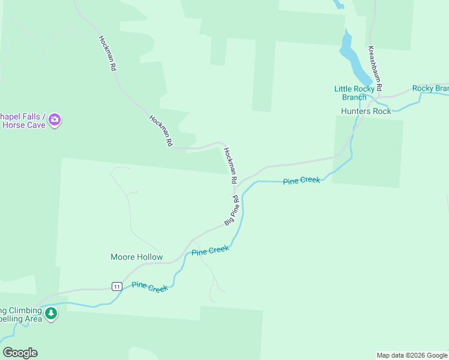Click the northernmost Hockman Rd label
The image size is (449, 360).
pos(107,53)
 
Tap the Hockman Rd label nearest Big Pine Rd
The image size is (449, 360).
pos(231,166)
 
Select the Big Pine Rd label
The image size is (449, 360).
pos(232,211)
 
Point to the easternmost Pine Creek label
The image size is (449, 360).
pos(301,181)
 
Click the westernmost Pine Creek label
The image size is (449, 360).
pos(149,287)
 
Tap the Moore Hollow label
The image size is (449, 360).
pos(136,257)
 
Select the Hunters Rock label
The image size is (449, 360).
pos(366,111)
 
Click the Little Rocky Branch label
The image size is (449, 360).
pos(350,93)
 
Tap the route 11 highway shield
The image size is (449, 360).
pos(117,286)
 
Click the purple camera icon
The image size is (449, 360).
pos(55,120)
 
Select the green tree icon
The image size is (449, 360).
pos(52,314)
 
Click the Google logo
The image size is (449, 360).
pos(20,353)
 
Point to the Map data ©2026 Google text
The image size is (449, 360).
pos(412,355)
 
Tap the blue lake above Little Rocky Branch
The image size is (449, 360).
pos(354,57)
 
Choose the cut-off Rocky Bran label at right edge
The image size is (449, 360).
pos(430,89)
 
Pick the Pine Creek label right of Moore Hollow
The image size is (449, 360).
pos(210,250)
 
